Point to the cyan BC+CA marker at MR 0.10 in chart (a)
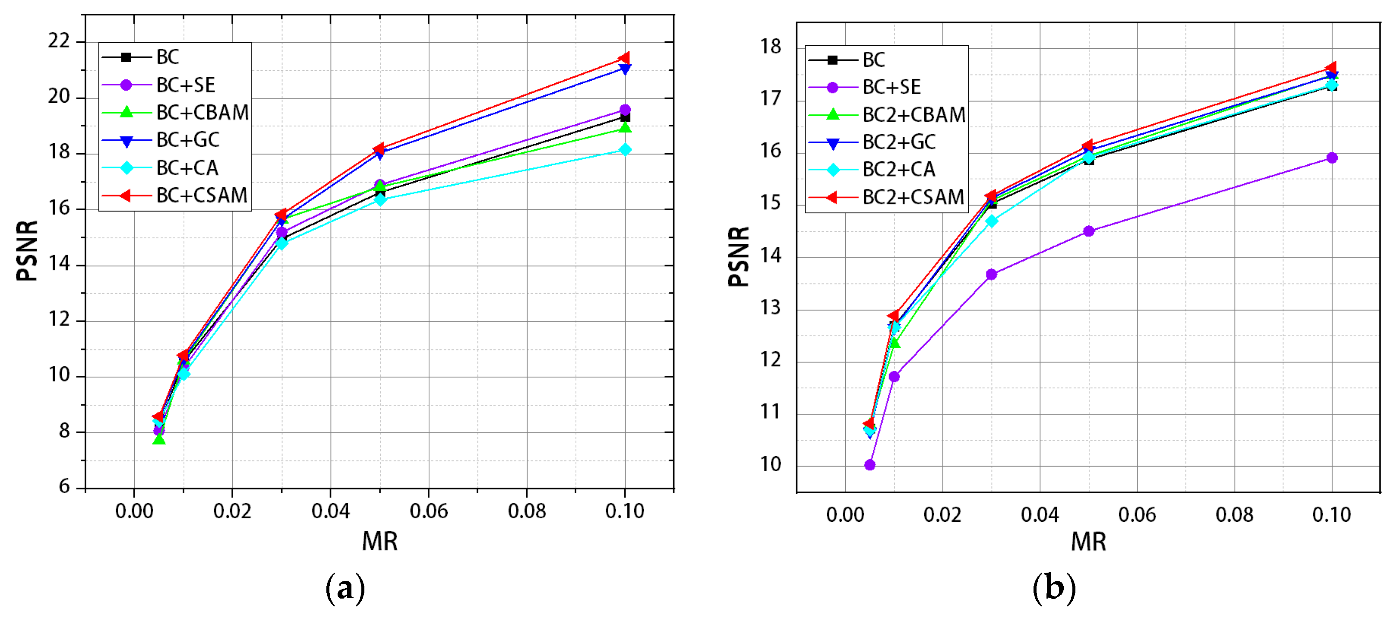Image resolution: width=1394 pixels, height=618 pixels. click(625, 150)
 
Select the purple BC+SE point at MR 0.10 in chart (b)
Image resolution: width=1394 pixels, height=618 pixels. click(1332, 158)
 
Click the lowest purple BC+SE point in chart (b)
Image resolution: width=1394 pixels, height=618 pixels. click(869, 465)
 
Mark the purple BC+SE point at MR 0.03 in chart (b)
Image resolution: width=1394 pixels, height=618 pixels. click(991, 274)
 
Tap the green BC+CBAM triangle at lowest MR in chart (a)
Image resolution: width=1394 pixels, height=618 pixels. click(159, 439)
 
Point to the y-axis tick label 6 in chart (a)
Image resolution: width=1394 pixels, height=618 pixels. click(64, 486)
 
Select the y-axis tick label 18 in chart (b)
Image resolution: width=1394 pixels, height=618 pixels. click(771, 47)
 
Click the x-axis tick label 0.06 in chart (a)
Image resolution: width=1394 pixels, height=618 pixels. click(429, 511)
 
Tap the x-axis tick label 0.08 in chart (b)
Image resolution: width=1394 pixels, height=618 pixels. click(1234, 514)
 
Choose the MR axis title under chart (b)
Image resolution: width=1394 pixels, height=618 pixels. click(1088, 542)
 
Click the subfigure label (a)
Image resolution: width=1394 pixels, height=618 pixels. click(345, 589)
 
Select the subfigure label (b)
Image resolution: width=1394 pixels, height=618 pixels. click(1054, 589)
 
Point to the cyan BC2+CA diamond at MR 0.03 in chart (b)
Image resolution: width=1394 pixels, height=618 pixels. click(991, 221)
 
